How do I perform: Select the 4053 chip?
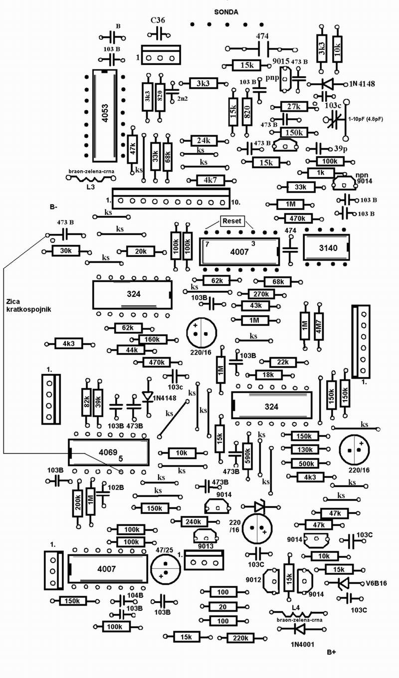(104, 114)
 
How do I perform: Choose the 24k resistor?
(203, 141)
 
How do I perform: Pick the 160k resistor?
(152, 339)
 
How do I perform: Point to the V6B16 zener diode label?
(377, 583)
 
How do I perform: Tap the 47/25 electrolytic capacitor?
(165, 569)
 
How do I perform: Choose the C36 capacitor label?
(158, 21)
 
